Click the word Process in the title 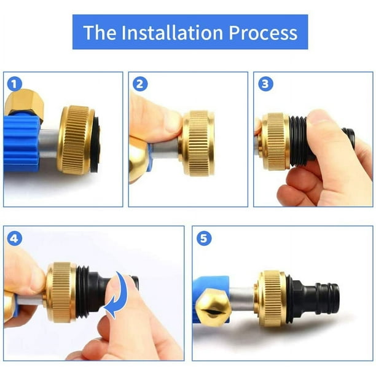click(x=265, y=32)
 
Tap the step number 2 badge click(x=139, y=84)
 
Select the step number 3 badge click(x=265, y=84)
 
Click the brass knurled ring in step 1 click(x=75, y=140)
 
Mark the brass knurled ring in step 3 click(x=274, y=141)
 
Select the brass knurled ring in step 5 click(x=270, y=298)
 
